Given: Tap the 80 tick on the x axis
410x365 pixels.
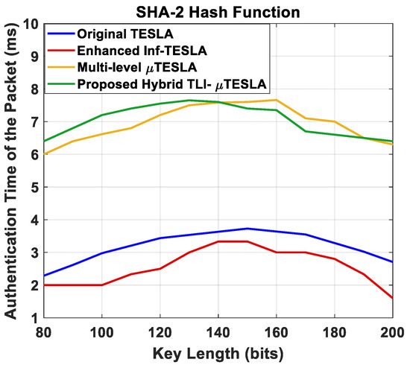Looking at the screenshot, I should pyautogui.click(x=45, y=331).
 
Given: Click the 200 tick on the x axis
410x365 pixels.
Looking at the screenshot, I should pyautogui.click(x=392, y=331).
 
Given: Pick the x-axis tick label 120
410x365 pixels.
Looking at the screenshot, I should pyautogui.click(x=160, y=331).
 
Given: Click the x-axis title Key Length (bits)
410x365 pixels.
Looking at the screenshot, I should pyautogui.click(x=218, y=350).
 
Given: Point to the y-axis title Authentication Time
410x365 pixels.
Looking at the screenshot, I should pyautogui.click(x=12, y=171).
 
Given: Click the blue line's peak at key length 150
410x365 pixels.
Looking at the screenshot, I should pyautogui.click(x=247, y=229).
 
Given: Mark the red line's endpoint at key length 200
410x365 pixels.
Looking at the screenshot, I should pyautogui.click(x=391, y=298).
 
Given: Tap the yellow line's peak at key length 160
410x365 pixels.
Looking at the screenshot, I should pyautogui.click(x=276, y=100).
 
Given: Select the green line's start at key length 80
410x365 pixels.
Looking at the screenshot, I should pyautogui.click(x=45, y=142).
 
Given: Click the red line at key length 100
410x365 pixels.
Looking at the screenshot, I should pyautogui.click(x=102, y=285).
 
